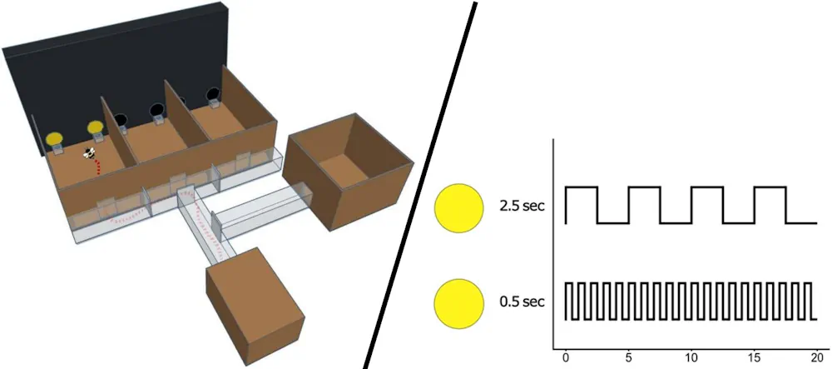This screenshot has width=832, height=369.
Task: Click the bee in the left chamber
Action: pos(87,153)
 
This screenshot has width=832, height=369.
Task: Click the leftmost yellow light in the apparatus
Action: pos(55,138)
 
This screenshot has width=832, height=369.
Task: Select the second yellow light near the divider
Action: pos(95,127)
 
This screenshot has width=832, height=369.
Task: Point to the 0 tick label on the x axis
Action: pos(566,358)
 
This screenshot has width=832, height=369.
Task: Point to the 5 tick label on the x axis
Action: pos(628,358)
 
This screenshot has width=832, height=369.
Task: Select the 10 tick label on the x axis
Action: pos(691,358)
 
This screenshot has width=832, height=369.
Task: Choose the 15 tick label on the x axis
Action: pos(754,358)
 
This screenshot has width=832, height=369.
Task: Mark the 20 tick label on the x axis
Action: pos(816,358)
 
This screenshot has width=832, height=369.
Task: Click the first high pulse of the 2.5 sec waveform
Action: pos(582,188)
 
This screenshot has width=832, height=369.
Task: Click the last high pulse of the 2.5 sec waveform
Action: pos(770,188)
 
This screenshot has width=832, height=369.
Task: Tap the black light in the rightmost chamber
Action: pos(211,94)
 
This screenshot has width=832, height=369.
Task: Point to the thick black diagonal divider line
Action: pos(420,183)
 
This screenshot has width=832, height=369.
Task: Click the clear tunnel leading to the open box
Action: pos(262,212)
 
